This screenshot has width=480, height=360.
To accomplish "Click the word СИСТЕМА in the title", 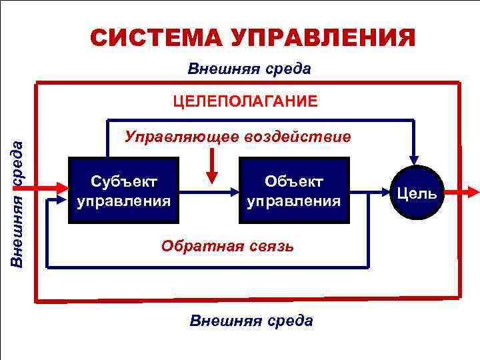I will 155,37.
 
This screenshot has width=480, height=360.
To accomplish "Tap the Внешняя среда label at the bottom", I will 251,321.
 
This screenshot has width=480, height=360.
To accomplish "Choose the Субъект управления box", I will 123,190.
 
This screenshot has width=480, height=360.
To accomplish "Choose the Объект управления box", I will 293,190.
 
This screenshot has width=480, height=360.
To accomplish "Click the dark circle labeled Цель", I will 416,193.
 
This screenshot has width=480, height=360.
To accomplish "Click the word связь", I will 269,246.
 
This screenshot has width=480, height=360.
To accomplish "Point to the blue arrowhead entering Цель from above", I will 415,159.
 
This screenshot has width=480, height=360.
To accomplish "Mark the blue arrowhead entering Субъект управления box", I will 61,198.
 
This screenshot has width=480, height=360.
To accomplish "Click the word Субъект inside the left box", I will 123,181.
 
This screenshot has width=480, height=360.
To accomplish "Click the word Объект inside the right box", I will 293,181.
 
